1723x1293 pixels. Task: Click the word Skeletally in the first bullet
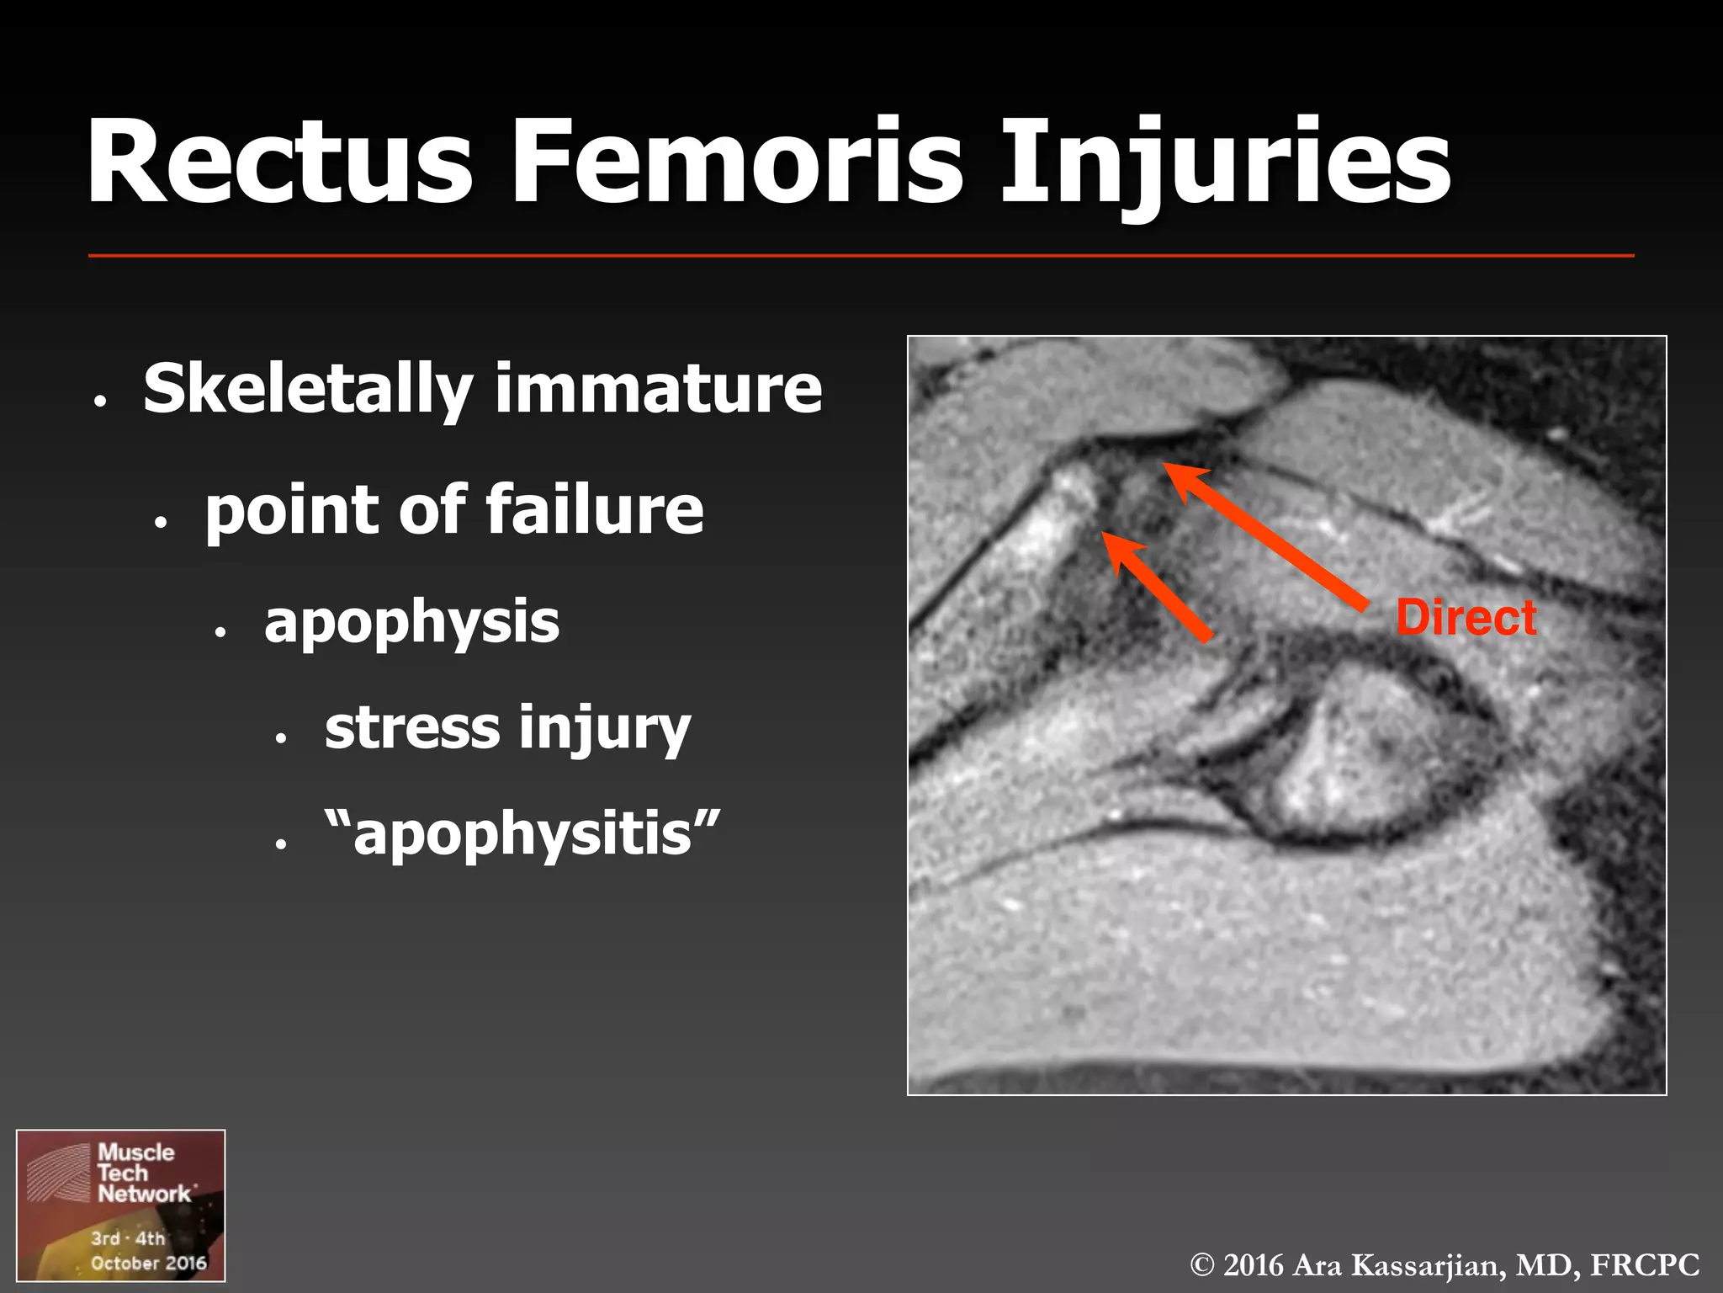[308, 390]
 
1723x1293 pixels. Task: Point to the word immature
[659, 390]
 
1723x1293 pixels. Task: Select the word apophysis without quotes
[411, 624]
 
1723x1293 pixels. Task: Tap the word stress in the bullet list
[412, 728]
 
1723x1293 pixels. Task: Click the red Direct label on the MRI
[1466, 618]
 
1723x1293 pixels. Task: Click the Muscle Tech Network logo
[121, 1205]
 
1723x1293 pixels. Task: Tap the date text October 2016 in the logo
[149, 1263]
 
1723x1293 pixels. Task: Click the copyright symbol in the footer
[1203, 1265]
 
